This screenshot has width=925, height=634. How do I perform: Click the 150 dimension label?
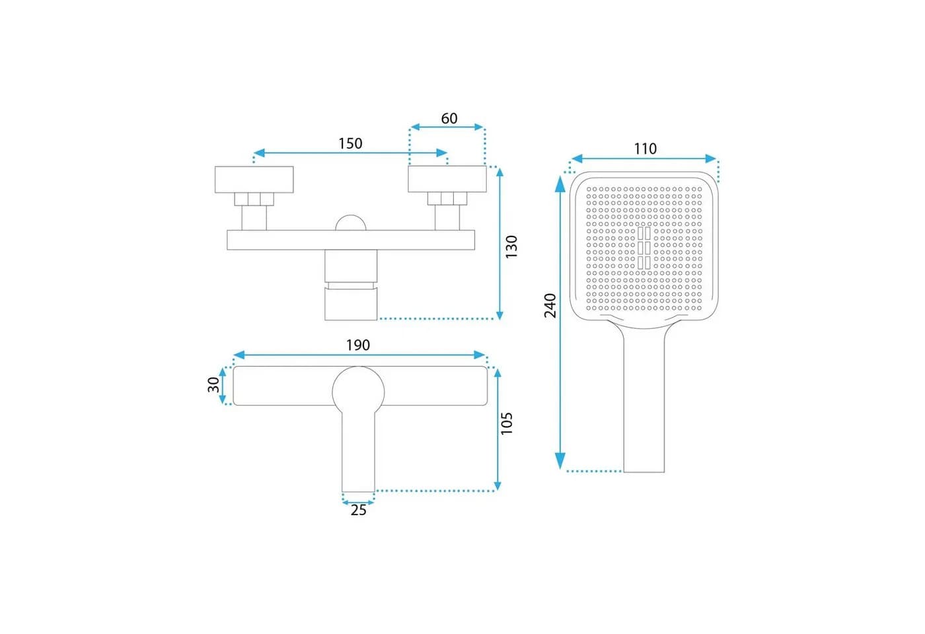pyautogui.click(x=350, y=144)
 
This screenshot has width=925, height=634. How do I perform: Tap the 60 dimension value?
pyautogui.click(x=449, y=118)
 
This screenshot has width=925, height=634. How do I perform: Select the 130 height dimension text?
pyautogui.click(x=511, y=247)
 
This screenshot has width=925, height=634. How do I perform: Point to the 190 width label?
pyautogui.click(x=357, y=345)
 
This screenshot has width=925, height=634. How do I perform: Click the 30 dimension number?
pyautogui.click(x=213, y=384)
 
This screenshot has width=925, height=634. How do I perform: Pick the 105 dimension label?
pyautogui.click(x=506, y=423)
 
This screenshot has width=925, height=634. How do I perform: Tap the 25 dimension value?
pyautogui.click(x=358, y=511)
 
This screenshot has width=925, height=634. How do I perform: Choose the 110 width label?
pyautogui.click(x=645, y=149)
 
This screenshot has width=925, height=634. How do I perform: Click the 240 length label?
pyautogui.click(x=550, y=305)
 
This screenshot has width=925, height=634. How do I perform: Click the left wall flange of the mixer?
pyautogui.click(x=254, y=179)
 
